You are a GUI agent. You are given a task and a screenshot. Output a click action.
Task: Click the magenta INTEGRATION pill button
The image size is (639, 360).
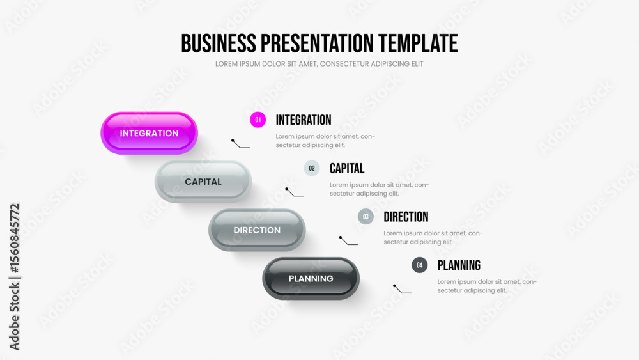149,133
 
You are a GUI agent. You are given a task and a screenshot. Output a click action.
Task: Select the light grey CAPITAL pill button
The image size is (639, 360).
203,182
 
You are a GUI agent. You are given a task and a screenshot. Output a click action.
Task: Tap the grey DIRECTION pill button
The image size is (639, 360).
257,230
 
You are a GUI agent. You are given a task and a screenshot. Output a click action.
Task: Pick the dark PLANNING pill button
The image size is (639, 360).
311,278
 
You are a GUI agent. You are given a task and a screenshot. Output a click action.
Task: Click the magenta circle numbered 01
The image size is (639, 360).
258,120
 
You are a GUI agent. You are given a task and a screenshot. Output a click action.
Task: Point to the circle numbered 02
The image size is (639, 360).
312,168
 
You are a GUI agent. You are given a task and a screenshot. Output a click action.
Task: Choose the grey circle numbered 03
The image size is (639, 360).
366,217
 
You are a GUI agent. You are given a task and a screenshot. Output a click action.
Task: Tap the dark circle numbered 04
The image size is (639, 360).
419,265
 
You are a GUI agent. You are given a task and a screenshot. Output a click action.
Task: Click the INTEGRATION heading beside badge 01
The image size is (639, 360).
304,120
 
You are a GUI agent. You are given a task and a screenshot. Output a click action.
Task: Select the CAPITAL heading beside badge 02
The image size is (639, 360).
347,168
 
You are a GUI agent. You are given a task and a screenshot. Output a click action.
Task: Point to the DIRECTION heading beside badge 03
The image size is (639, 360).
406,217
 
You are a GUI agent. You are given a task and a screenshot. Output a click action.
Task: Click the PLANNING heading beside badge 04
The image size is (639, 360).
459,265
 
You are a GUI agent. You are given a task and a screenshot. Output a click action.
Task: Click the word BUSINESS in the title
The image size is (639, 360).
219,43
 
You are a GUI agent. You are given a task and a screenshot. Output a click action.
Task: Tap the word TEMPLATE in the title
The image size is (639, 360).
418,43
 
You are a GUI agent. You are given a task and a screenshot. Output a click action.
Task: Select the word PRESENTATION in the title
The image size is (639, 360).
317,43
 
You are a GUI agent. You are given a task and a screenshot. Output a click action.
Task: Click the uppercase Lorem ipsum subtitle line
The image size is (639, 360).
319,64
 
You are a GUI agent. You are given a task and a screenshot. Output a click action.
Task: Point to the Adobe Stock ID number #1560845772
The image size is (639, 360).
14,239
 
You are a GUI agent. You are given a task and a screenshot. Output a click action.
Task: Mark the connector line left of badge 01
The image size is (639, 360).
240,144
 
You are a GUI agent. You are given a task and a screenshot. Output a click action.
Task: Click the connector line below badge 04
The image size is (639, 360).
402,289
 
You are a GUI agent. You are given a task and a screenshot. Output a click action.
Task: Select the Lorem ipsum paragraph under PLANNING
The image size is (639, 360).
487,286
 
